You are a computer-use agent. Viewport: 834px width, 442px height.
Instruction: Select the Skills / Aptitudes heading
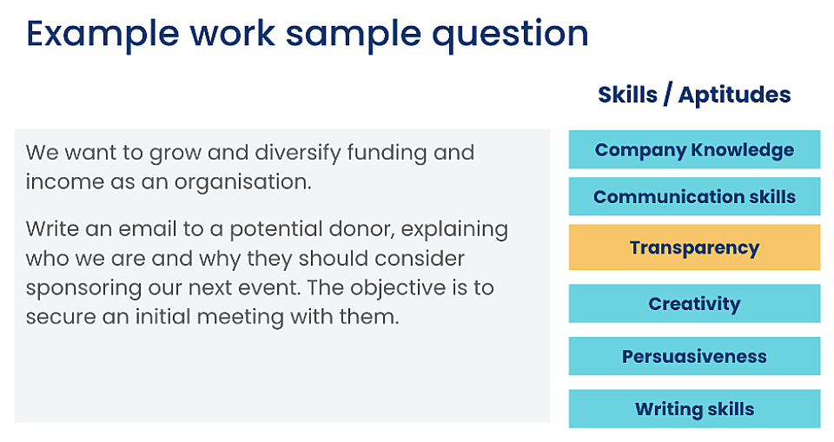[x=694, y=95]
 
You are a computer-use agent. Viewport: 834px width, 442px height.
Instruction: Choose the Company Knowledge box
[x=694, y=149]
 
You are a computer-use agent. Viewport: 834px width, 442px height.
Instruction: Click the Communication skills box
[x=694, y=197]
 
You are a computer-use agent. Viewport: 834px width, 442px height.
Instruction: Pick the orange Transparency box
[x=694, y=247]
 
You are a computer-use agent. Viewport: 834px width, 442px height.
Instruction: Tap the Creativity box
[x=694, y=304]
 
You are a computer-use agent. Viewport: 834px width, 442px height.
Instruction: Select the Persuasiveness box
[x=694, y=356]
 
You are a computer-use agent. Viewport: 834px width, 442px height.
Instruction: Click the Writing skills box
[x=694, y=409]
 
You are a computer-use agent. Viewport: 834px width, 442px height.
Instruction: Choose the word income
[x=61, y=183]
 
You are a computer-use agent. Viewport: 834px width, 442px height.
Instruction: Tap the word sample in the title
[x=356, y=34]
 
